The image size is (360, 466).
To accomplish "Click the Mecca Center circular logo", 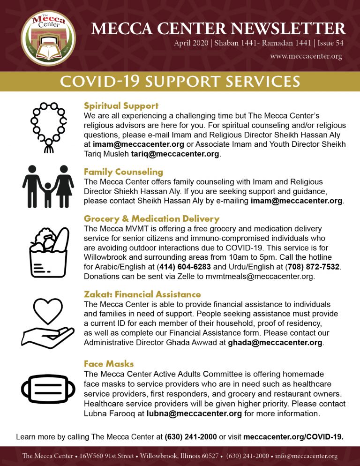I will click(48, 39).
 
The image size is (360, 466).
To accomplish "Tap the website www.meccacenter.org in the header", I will click(306, 56).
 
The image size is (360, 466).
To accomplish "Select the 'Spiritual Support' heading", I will click(121, 105).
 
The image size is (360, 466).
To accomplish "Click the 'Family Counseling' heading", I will click(123, 172).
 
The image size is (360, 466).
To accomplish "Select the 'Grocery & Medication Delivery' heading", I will click(151, 219).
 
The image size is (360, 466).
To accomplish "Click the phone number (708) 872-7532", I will click(312, 267).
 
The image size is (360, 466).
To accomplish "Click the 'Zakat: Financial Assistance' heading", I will click(142, 294).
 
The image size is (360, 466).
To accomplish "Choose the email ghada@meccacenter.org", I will click(275, 342).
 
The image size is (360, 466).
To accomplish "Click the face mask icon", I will click(48, 389).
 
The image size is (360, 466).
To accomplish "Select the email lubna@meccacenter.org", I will click(194, 413).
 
